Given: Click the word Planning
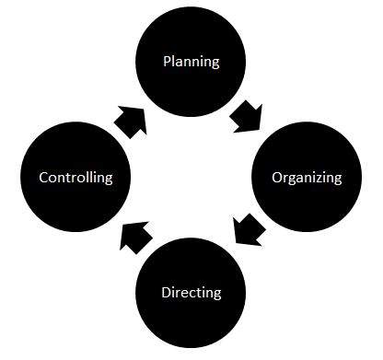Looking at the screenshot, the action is pyautogui.click(x=191, y=63).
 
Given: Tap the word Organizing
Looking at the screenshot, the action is pyautogui.click(x=307, y=177).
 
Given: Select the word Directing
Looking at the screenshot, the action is pyautogui.click(x=191, y=293).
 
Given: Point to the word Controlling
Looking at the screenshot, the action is pyautogui.click(x=75, y=177).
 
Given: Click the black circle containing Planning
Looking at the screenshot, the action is pyautogui.click(x=191, y=41).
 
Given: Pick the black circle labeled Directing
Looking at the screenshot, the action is pyautogui.click(x=191, y=318).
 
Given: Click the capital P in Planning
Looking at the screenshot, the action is pyautogui.click(x=166, y=63).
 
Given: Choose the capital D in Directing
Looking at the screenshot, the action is pyautogui.click(x=166, y=293).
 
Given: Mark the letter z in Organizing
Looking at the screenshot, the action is pyautogui.click(x=322, y=178).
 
